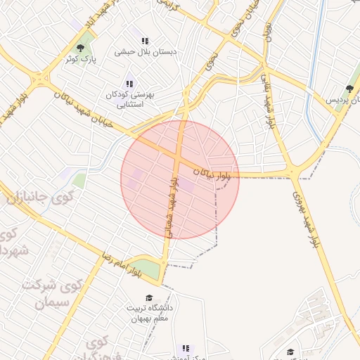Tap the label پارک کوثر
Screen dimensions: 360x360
[x=80, y=60]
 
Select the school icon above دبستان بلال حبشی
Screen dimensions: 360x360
[x=146, y=41]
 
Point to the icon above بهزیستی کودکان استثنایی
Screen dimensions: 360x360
[x=129, y=84]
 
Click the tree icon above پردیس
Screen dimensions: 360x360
[x=349, y=89]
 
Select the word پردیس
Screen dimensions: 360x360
[x=340, y=101]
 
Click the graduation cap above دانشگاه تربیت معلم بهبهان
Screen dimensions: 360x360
[x=148, y=298]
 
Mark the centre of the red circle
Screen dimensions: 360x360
[x=180, y=179]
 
